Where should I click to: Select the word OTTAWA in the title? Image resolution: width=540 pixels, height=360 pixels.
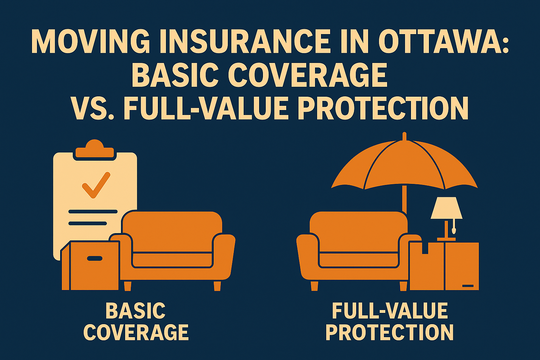[x=443, y=41]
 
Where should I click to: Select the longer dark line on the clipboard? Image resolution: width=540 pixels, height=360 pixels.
[x=93, y=212]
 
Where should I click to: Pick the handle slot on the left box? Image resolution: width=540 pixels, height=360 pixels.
[x=95, y=258]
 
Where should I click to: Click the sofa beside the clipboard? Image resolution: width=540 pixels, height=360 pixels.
[x=176, y=246]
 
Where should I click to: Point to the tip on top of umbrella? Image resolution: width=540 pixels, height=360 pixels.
[x=404, y=135]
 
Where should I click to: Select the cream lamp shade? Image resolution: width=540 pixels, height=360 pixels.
[x=446, y=208]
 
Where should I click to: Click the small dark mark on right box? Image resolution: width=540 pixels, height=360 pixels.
[x=468, y=285]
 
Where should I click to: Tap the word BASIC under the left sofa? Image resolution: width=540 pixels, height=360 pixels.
[x=135, y=311]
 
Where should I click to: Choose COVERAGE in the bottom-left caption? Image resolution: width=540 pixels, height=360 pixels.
[x=136, y=332]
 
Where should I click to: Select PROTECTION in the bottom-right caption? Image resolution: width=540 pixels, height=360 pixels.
[x=390, y=332]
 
